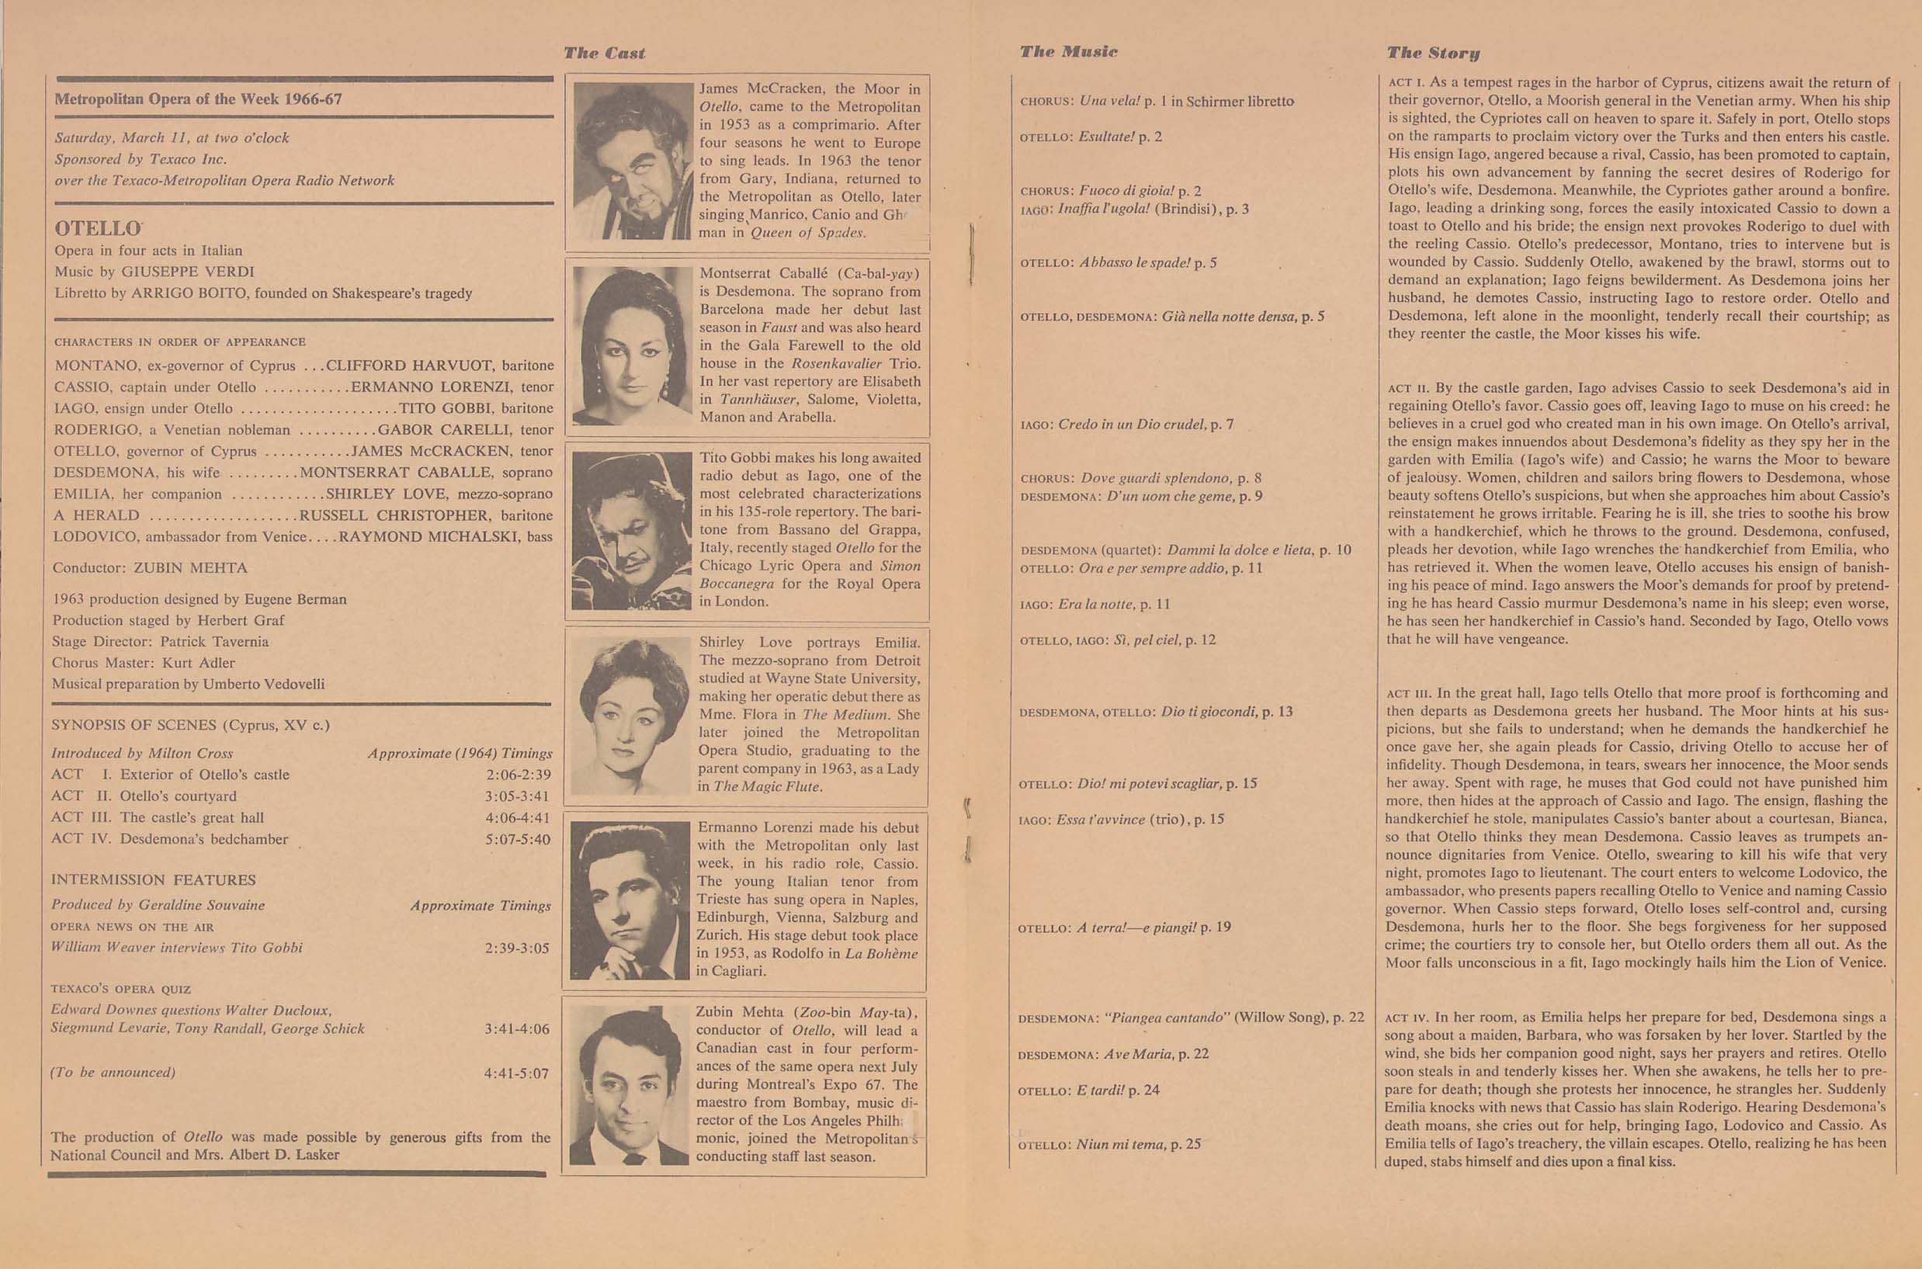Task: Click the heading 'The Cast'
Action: coord(604,54)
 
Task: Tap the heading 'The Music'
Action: coord(1068,52)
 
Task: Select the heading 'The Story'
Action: coord(1432,54)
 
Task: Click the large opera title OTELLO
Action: coord(98,228)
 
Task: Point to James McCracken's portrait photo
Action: coord(633,161)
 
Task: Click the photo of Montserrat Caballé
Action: coord(632,346)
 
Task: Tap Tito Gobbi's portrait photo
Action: coord(632,531)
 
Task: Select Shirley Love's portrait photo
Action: coord(631,716)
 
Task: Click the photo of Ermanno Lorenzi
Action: coord(630,900)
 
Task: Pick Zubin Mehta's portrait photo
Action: coord(628,1084)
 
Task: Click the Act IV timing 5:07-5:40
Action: coord(518,839)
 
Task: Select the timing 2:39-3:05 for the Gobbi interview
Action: coord(517,948)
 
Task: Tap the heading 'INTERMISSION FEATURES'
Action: coord(153,879)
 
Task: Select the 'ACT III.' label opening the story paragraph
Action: coord(1409,694)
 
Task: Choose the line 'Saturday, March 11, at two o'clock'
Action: coord(172,137)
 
